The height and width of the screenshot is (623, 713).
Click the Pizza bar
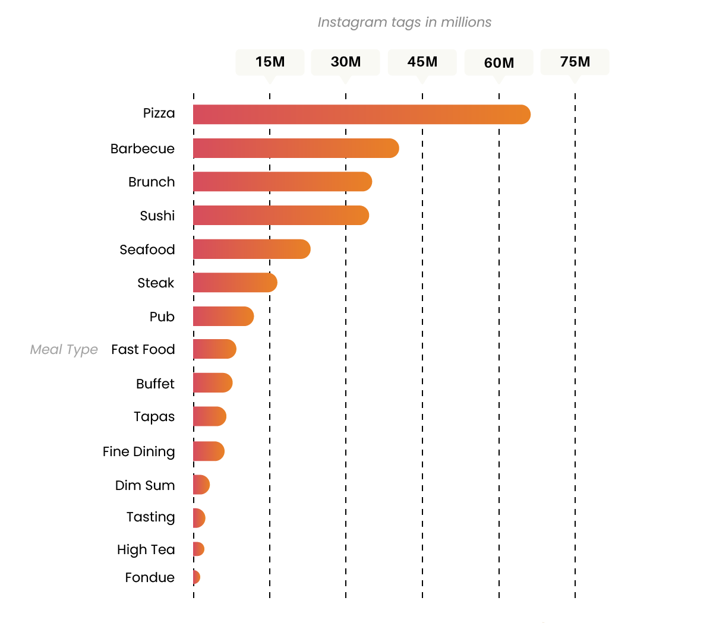[361, 115]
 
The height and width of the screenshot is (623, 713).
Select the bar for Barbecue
[295, 148]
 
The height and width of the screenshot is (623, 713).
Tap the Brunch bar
[282, 182]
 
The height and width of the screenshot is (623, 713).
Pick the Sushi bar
[280, 216]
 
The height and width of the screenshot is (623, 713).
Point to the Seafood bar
[251, 249]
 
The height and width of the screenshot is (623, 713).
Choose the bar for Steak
[235, 283]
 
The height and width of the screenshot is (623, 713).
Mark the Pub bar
[223, 317]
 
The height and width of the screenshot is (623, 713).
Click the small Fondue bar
[197, 577]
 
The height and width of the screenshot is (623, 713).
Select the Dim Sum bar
[201, 485]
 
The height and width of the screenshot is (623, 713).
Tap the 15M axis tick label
[270, 62]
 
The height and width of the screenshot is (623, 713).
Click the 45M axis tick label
[422, 62]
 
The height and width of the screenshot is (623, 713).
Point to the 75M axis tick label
[575, 62]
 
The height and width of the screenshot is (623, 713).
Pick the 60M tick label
[499, 62]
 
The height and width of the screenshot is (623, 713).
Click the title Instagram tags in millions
[405, 23]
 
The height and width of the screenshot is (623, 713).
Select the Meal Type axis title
[64, 350]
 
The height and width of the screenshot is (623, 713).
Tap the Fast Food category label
[143, 350]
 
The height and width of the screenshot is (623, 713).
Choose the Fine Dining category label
[139, 452]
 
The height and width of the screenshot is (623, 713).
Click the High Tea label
[146, 550]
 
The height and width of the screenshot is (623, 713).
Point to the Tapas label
[154, 417]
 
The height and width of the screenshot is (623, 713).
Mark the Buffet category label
[156, 384]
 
